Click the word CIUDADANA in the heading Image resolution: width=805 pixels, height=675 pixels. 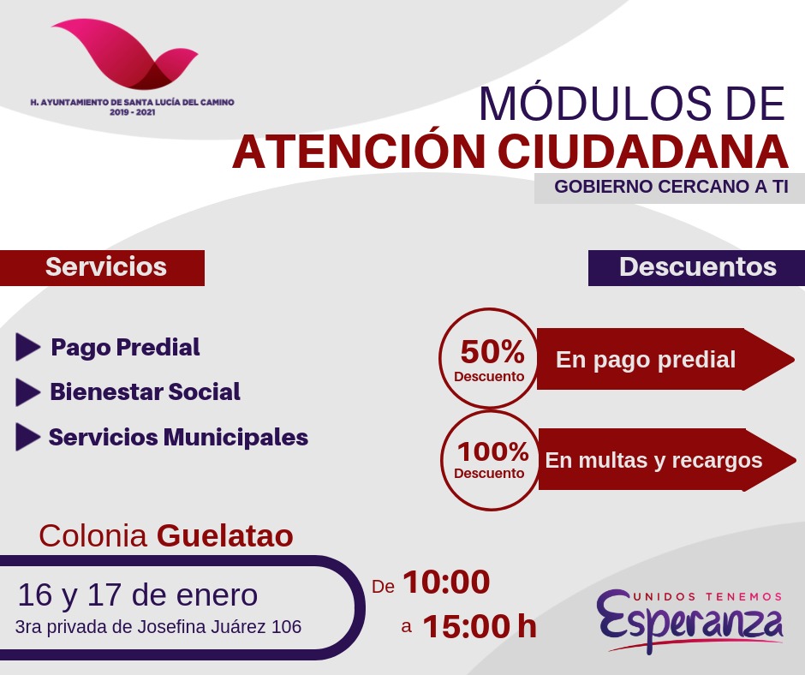(643, 152)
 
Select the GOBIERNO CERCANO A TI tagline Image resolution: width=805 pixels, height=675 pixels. (671, 187)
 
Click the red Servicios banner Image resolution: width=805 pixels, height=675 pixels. (102, 267)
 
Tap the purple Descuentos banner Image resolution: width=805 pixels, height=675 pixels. (697, 267)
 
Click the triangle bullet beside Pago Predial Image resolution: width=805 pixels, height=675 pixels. (27, 347)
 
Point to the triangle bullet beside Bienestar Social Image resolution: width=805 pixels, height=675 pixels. (27, 392)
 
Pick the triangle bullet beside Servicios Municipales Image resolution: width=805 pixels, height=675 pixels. (27, 437)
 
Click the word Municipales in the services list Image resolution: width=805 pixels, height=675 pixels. (236, 438)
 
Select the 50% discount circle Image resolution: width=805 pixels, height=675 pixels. (490, 358)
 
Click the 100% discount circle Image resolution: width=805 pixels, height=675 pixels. (491, 460)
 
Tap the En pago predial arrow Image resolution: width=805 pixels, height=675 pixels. (665, 359)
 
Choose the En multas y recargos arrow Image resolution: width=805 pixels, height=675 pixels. (667, 460)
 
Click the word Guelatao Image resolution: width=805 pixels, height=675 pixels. (225, 535)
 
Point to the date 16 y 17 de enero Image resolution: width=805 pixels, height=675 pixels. (138, 595)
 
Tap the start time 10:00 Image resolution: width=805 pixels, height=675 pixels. (446, 582)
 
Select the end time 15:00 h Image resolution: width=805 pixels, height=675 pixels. (480, 626)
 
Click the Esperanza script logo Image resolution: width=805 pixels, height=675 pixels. (689, 621)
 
